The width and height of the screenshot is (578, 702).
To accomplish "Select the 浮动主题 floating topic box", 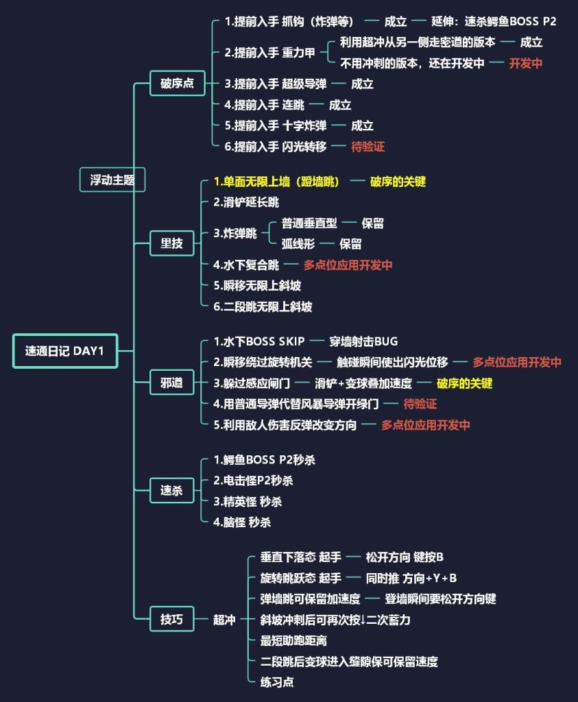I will click(x=112, y=180).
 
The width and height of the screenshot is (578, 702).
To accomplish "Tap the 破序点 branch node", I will click(x=177, y=84).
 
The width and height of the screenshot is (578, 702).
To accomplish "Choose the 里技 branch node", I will click(x=171, y=243).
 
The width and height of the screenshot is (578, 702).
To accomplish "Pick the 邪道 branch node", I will click(x=171, y=383).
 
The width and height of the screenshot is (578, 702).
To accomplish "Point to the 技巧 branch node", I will click(x=171, y=619).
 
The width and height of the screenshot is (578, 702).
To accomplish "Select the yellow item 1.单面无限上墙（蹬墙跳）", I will click(x=276, y=182).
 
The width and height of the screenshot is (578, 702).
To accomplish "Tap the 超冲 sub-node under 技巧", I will click(x=224, y=620).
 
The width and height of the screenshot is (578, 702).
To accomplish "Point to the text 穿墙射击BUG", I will click(x=363, y=341).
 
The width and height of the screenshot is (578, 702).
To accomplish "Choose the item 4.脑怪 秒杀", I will click(x=242, y=522).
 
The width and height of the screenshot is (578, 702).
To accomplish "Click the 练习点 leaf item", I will click(x=278, y=682).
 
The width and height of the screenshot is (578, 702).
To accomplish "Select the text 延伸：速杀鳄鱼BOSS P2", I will click(x=494, y=21).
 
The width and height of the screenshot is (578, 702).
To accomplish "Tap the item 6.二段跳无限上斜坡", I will click(x=263, y=306).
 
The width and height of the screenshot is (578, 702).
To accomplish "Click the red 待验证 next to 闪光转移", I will click(x=368, y=147).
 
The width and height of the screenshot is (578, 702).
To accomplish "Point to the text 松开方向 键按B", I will click(x=405, y=557).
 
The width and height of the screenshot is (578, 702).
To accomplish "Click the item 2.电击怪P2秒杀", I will click(x=253, y=481).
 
